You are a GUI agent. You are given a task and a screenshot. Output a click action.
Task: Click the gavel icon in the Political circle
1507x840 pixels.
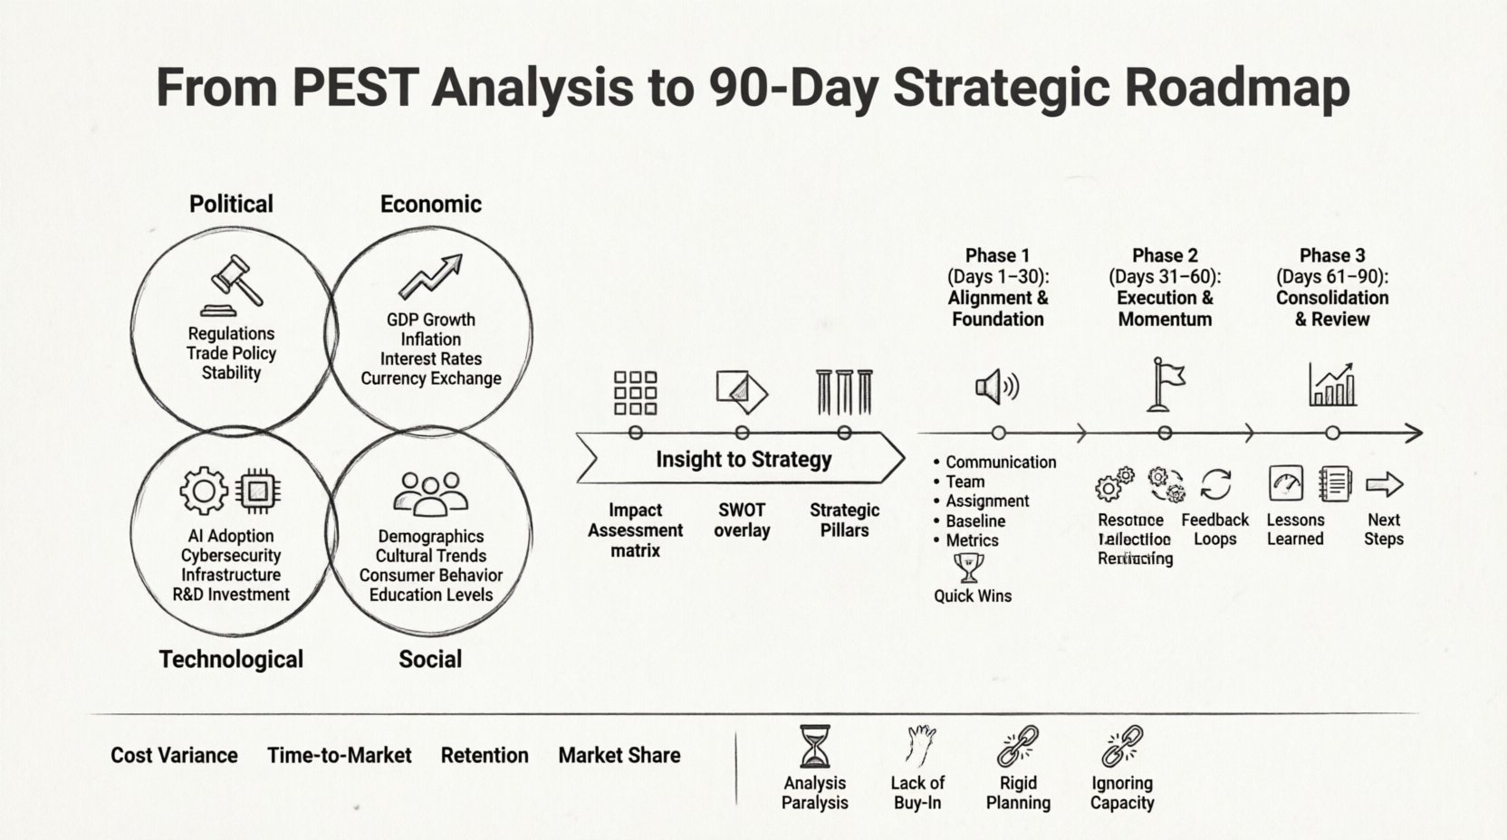(x=233, y=284)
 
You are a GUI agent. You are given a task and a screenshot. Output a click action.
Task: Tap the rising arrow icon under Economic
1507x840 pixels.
(x=431, y=276)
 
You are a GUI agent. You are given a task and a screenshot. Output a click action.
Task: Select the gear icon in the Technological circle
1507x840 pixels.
(x=203, y=491)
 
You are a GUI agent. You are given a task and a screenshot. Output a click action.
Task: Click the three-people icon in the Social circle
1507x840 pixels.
(x=431, y=493)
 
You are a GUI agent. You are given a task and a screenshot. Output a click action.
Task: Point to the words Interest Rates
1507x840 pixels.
(x=431, y=358)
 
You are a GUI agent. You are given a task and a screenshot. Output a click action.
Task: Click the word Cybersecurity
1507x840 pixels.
(x=231, y=555)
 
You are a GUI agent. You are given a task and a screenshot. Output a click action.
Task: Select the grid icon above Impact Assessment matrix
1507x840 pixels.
(x=635, y=392)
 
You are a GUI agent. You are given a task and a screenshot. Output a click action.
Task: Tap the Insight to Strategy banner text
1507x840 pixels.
(x=743, y=459)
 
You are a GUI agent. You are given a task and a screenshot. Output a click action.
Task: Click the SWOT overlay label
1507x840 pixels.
(x=742, y=520)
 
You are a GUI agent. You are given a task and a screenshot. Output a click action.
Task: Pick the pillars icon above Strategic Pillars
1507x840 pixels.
(x=844, y=392)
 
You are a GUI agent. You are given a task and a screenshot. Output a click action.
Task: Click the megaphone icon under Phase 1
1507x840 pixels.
(x=996, y=387)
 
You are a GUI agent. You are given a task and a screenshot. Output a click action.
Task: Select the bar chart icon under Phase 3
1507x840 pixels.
(x=1332, y=385)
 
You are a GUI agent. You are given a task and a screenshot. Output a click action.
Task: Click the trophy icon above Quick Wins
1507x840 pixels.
(x=969, y=568)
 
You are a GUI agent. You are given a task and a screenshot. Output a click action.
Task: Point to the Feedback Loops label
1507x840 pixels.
(x=1214, y=530)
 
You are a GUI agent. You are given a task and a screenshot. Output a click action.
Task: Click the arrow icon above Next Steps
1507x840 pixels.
(x=1383, y=484)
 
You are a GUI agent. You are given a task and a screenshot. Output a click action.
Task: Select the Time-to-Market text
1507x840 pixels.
(x=339, y=755)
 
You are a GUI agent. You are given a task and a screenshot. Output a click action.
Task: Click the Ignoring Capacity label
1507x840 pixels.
(x=1121, y=793)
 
